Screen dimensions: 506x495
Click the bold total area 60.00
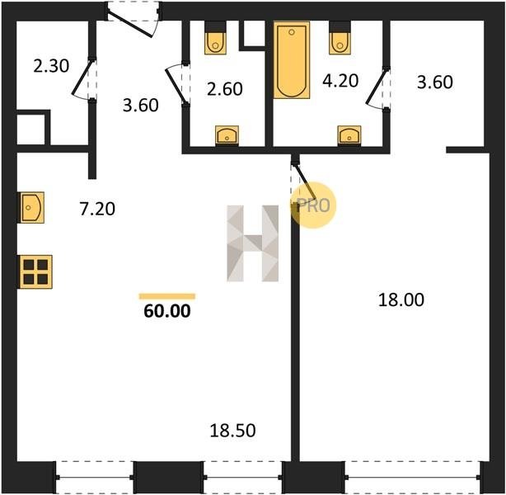pyautogui.click(x=167, y=311)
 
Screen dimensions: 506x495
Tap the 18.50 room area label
pyautogui.click(x=232, y=431)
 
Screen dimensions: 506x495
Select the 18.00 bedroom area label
pyautogui.click(x=401, y=299)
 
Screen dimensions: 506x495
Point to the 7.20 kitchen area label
pyautogui.click(x=97, y=209)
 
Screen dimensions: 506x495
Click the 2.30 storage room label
pyautogui.click(x=51, y=66)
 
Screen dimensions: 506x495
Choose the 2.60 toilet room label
pyautogui.click(x=225, y=89)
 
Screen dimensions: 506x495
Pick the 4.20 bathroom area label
pyautogui.click(x=340, y=81)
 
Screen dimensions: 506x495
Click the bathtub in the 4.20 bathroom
pyautogui.click(x=292, y=60)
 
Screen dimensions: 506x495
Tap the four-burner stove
pyautogui.click(x=35, y=271)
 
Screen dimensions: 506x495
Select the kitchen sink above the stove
pyautogui.click(x=32, y=207)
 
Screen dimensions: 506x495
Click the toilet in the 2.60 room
pyautogui.click(x=215, y=38)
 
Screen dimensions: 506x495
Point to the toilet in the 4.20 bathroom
pyautogui.click(x=340, y=38)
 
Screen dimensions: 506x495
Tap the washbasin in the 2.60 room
pyautogui.click(x=227, y=135)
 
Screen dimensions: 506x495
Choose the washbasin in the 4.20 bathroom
pyautogui.click(x=349, y=135)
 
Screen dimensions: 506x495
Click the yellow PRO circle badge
pyautogui.click(x=313, y=205)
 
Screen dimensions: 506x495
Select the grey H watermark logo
pyautogui.click(x=253, y=243)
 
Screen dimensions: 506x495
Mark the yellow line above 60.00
pyautogui.click(x=167, y=296)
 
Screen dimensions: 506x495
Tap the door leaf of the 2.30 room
pyautogui.click(x=81, y=78)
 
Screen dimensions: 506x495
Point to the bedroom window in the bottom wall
pyautogui.click(x=412, y=477)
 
